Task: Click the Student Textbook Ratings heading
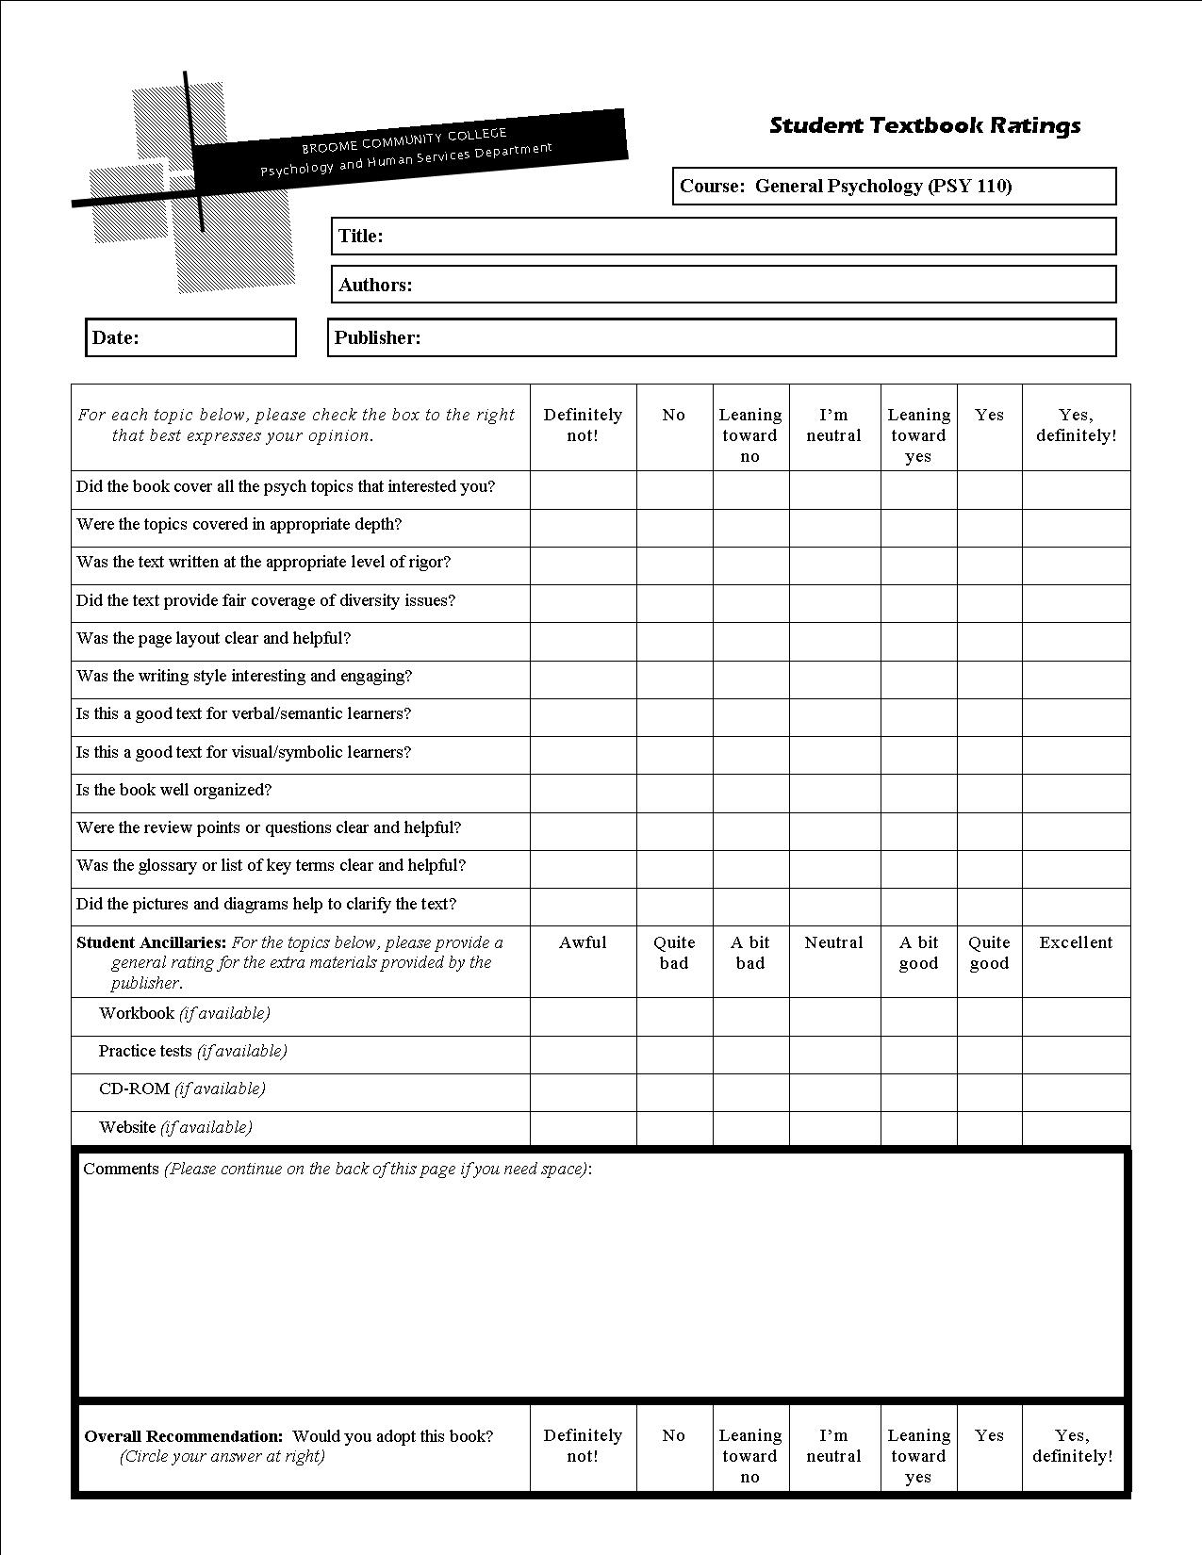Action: click(925, 125)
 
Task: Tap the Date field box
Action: click(190, 337)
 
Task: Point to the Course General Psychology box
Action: click(894, 186)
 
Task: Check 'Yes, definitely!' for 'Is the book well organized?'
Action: click(1076, 793)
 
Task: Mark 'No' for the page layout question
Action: click(674, 641)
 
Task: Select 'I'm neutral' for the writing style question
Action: click(834, 679)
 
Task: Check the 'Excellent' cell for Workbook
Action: click(1076, 1016)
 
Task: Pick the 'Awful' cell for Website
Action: click(583, 1129)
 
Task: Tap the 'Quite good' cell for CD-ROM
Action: click(989, 1091)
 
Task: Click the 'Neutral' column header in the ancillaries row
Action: click(834, 942)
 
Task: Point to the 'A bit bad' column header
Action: click(750, 953)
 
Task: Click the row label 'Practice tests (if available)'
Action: click(192, 1051)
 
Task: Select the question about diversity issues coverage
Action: click(266, 600)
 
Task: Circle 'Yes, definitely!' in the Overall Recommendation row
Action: click(1073, 1446)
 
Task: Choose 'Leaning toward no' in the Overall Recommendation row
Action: click(750, 1456)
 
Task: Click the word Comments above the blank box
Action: click(121, 1169)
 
